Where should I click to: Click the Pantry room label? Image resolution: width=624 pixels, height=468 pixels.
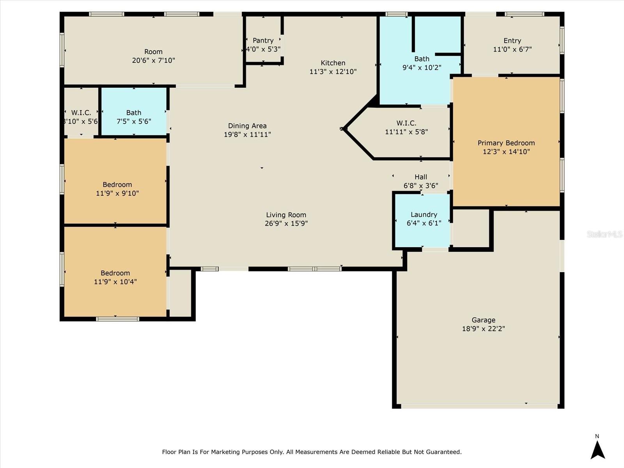(263, 41)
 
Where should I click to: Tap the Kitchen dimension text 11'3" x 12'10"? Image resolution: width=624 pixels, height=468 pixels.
(333, 72)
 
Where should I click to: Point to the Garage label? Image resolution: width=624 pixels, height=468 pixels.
(483, 320)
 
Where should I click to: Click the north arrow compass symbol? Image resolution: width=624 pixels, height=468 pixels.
(597, 450)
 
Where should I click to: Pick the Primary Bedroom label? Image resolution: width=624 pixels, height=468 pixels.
(506, 143)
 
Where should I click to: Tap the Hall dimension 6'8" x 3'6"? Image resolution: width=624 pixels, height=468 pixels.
(420, 186)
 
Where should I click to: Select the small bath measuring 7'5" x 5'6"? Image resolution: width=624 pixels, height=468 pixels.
(134, 117)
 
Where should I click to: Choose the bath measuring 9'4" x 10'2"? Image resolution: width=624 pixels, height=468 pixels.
(422, 63)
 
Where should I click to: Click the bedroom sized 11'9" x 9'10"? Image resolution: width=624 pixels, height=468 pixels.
(117, 189)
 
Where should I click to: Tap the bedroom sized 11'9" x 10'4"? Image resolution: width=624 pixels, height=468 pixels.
(115, 277)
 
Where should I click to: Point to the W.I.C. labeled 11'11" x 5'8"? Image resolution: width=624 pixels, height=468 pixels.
(406, 128)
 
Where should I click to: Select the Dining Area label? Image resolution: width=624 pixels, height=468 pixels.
(247, 126)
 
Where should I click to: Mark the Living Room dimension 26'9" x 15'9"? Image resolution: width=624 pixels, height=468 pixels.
(286, 223)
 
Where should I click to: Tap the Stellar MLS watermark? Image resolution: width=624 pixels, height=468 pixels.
(604, 234)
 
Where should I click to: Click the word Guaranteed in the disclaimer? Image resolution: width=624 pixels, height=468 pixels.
(445, 452)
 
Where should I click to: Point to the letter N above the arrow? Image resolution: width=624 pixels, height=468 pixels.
(597, 436)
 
